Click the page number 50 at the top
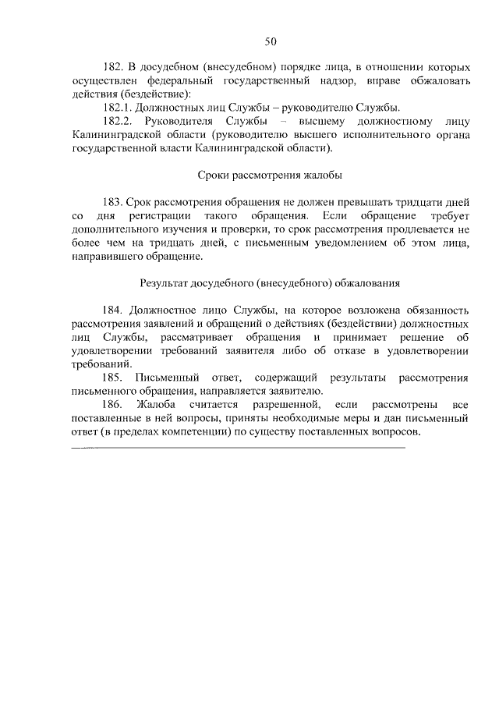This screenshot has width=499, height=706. click(270, 41)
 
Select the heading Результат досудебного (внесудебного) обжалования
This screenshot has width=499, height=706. click(270, 282)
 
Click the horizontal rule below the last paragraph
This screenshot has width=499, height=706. click(238, 448)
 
